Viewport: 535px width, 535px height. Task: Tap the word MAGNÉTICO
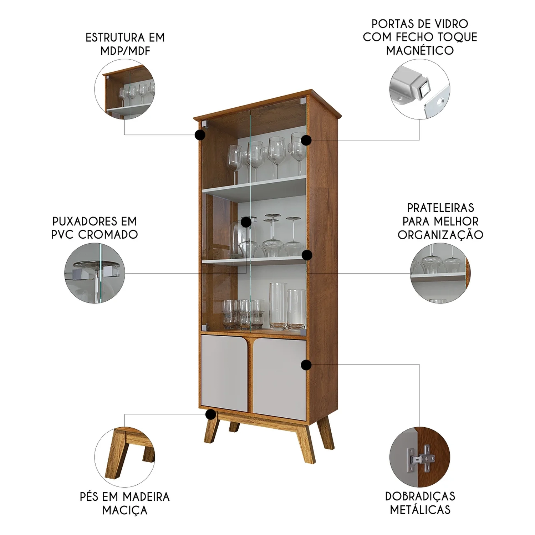click(x=420, y=50)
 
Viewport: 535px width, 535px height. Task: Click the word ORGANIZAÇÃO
click(x=440, y=235)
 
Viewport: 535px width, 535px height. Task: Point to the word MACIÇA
click(x=125, y=510)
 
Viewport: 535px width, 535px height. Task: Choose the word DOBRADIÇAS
click(x=420, y=496)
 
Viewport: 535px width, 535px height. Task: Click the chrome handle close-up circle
click(x=95, y=273)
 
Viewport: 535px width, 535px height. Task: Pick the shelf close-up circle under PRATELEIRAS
click(x=440, y=273)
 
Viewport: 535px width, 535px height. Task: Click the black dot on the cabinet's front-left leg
click(x=211, y=414)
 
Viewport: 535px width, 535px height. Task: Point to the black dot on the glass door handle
click(x=246, y=222)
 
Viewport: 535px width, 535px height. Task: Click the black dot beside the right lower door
click(x=306, y=365)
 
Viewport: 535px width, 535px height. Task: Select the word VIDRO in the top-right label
click(x=450, y=24)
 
